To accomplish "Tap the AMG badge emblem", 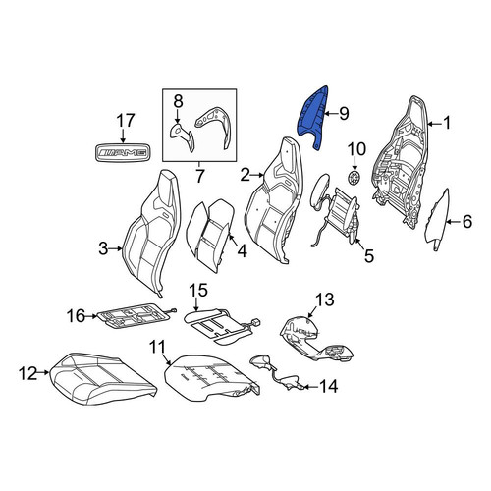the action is pos(123,152).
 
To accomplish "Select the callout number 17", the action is pos(126,121).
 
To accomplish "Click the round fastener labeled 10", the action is pos(355,178).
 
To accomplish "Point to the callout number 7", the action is pos(199,176).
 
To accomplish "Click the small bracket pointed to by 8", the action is pos(182,136).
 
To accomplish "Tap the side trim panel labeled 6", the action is pos(437,218).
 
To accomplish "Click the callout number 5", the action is pos(369,255).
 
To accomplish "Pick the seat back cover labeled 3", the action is pos(152,233).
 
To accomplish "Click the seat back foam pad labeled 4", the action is pos(210,234).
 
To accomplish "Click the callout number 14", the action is pos(328,386).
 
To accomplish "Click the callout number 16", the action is pos(77,316).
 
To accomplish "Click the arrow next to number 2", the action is pos(258,175).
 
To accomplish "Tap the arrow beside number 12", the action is pos(43,372).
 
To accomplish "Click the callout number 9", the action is pos(344,114).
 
